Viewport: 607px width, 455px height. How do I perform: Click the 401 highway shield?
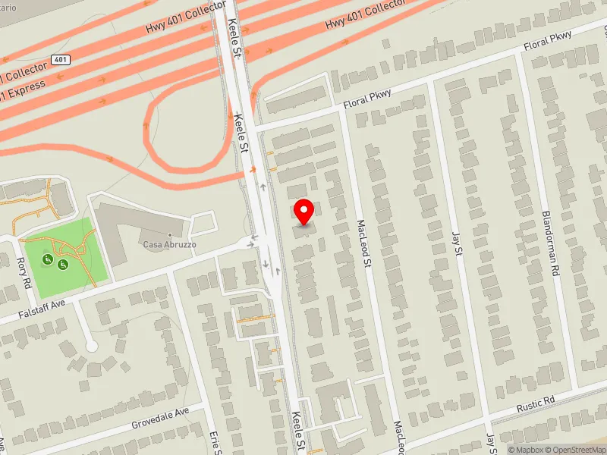pos(60,59)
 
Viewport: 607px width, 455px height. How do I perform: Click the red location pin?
pos(304,210)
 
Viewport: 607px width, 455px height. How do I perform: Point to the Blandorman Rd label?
pos(551,243)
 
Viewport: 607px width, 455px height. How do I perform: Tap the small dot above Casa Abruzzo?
pos(169,234)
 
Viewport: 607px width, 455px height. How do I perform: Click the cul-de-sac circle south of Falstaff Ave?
pos(92,346)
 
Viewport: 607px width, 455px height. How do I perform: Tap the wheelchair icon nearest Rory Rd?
pos(48,259)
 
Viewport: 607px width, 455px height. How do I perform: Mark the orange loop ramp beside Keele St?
pos(152,136)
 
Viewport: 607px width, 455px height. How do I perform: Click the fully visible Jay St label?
pos(457,243)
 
